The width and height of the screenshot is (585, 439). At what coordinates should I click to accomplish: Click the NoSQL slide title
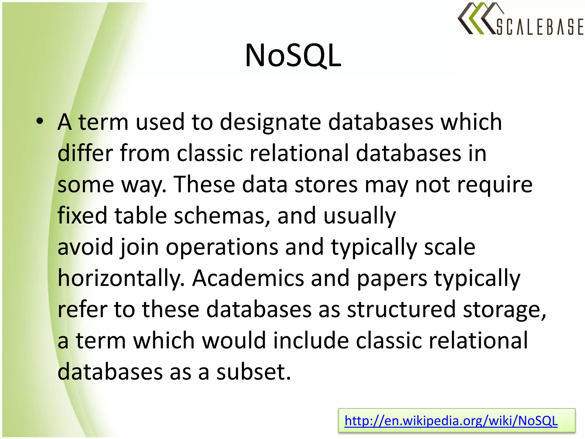(293, 55)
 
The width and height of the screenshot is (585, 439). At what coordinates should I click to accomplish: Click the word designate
(270, 122)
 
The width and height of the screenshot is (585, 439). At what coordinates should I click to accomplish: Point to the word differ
(85, 153)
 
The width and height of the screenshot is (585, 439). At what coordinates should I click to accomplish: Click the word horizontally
(121, 278)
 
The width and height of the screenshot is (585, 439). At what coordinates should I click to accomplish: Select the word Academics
(248, 278)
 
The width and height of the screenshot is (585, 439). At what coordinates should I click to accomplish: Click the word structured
(401, 310)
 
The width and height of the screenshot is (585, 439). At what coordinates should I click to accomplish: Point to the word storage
(504, 310)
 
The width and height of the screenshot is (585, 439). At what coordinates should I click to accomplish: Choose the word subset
(253, 372)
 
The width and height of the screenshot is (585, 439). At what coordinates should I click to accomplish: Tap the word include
(311, 341)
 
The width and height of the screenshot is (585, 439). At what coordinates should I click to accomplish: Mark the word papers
(392, 279)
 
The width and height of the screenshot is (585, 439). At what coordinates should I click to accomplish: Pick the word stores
(326, 185)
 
